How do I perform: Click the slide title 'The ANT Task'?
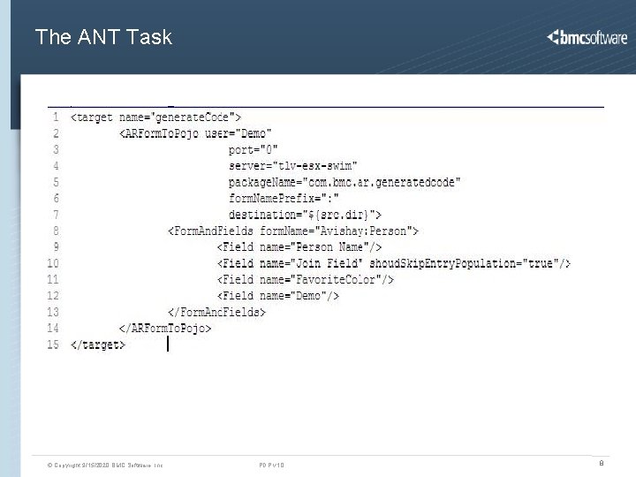click(x=103, y=37)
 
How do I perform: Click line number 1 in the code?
click(x=56, y=117)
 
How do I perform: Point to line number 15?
click(x=53, y=344)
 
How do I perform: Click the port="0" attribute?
click(x=254, y=149)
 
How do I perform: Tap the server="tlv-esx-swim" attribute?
click(x=291, y=166)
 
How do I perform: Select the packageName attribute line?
click(x=344, y=182)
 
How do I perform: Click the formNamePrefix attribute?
click(x=284, y=198)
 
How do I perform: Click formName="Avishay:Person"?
click(x=338, y=231)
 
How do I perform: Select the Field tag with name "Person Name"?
click(x=300, y=247)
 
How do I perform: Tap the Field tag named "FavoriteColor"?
click(x=306, y=279)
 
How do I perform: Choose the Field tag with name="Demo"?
click(x=278, y=296)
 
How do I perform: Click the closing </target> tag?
click(x=98, y=344)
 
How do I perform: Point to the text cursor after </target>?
click(x=167, y=344)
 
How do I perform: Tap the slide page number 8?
click(x=602, y=462)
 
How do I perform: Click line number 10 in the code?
click(x=53, y=263)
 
